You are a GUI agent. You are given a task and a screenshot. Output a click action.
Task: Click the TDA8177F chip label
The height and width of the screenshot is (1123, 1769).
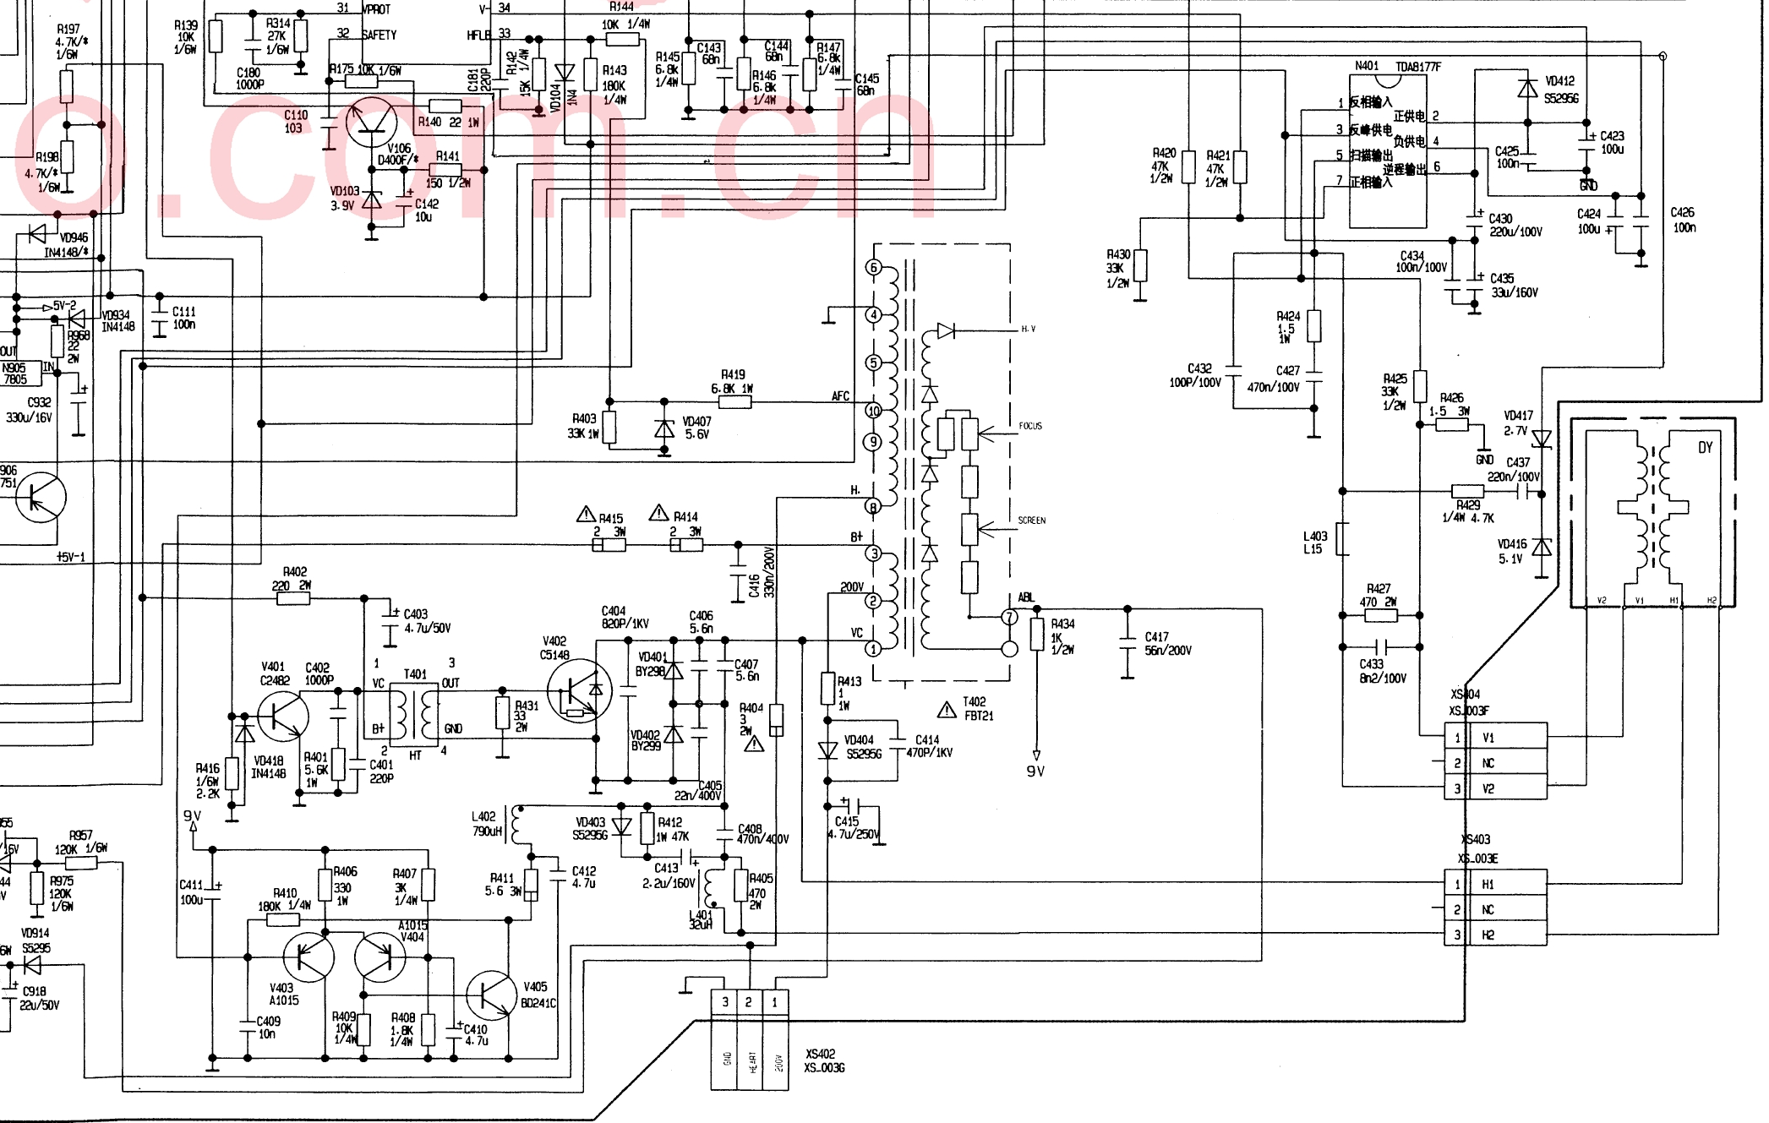pos(1417,67)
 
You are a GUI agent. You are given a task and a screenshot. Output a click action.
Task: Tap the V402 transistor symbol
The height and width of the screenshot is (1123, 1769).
pos(579,690)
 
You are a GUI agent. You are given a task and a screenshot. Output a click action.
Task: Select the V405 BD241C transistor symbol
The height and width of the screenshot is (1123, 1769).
pos(491,995)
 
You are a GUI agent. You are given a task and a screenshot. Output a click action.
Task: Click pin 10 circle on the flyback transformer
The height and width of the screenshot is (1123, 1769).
pos(873,411)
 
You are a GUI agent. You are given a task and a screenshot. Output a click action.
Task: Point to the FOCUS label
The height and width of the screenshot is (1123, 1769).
pos(1030,426)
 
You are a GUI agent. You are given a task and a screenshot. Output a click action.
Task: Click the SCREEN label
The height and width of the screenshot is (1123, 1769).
pos(1031,521)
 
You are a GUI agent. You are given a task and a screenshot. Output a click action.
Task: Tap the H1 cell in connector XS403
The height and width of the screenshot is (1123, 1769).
pos(1488,885)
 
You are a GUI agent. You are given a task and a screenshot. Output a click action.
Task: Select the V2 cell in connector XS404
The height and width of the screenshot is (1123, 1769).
pos(1488,788)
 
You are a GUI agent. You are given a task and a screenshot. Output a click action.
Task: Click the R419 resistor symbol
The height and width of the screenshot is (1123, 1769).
pos(734,402)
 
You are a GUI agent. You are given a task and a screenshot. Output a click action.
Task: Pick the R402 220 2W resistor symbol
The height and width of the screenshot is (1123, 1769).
pos(293,598)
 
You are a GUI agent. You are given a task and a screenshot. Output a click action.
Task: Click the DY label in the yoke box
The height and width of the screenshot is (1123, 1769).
pos(1705,447)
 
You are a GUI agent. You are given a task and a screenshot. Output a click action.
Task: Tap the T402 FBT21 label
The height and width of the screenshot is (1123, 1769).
pos(978,708)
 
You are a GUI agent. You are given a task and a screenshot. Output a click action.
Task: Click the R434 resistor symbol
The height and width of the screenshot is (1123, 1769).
pos(1037,635)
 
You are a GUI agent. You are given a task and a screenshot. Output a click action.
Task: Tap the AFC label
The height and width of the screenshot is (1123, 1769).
pos(840,395)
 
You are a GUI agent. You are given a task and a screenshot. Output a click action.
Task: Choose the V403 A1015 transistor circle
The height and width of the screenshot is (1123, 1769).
pos(308,957)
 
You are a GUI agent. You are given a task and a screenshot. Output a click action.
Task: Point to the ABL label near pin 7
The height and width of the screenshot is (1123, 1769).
pos(1026,597)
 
